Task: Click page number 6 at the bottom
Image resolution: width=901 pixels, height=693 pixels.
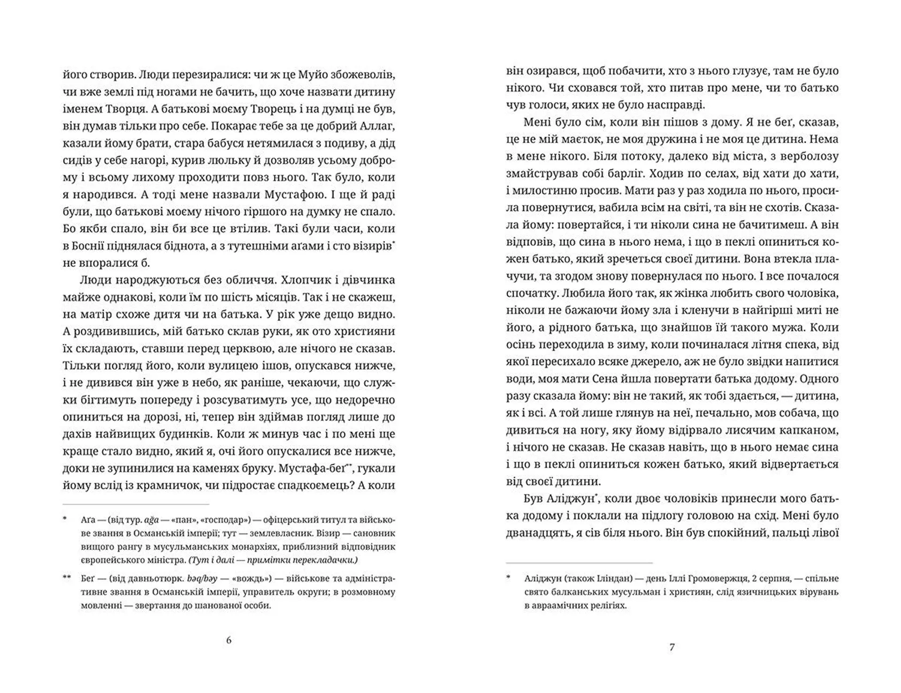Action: click(x=229, y=640)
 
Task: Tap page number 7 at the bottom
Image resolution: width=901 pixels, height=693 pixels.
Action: click(x=672, y=647)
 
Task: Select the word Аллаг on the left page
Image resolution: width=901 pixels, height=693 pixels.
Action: click(x=375, y=126)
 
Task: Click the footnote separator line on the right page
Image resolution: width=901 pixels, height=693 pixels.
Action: click(x=579, y=563)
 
